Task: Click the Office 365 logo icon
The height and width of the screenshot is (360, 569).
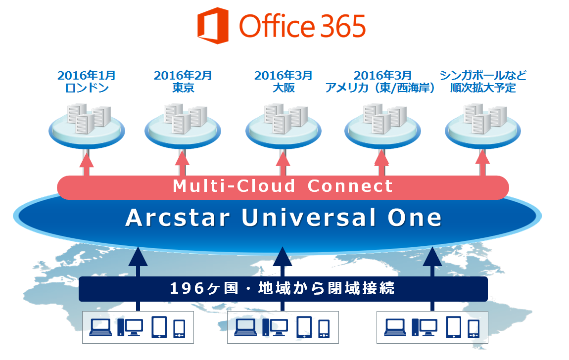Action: [213, 26]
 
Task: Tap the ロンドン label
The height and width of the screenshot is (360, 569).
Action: [87, 88]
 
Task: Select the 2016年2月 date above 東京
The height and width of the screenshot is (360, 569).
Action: [183, 75]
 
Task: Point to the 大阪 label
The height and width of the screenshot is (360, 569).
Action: [284, 88]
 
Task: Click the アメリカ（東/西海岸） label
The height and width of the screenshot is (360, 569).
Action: [380, 88]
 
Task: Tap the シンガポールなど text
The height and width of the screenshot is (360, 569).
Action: [482, 75]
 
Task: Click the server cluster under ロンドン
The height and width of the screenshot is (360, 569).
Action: [89, 119]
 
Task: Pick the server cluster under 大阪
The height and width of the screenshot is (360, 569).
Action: [285, 119]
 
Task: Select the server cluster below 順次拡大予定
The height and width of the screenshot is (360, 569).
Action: [485, 119]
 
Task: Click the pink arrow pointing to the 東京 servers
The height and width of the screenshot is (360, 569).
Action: [183, 164]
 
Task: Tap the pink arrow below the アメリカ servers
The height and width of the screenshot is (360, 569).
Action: [381, 164]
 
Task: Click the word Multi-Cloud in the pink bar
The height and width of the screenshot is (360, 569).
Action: [234, 186]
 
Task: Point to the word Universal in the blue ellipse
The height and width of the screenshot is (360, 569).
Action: [308, 218]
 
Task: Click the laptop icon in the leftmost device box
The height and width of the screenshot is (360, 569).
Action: [100, 327]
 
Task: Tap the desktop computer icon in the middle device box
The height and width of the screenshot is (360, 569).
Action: [275, 327]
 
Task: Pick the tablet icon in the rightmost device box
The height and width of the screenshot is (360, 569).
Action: [453, 327]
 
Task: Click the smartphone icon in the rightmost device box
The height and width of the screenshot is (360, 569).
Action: [474, 329]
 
